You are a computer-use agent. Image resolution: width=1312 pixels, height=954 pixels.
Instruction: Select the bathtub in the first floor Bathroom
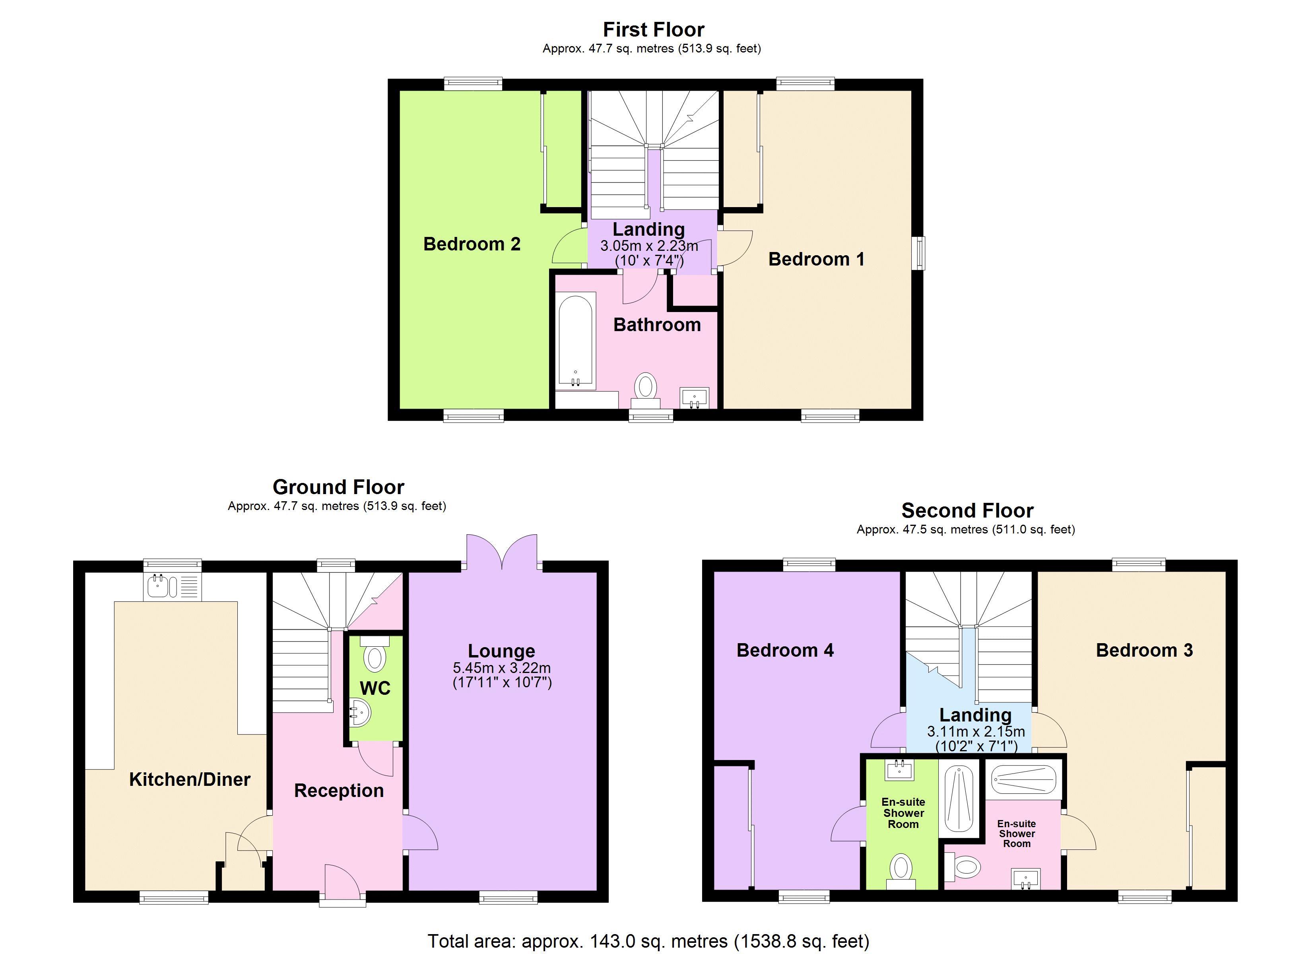[x=576, y=340]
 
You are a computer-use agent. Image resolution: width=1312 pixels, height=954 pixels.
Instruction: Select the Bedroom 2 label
[x=472, y=244]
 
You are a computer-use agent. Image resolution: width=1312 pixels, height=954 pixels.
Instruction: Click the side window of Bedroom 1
[x=918, y=253]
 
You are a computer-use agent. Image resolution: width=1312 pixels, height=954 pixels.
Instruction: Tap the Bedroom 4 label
[x=785, y=650]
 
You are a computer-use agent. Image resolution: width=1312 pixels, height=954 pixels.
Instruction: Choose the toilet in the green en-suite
[x=900, y=871]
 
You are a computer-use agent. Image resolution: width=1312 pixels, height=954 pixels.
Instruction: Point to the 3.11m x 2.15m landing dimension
[x=976, y=731]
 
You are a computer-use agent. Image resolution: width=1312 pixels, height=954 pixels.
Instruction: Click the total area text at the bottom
[x=648, y=941]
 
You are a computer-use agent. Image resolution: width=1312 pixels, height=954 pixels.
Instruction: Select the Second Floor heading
[x=967, y=510]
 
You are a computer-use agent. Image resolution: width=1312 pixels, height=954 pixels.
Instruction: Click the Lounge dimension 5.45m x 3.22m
[x=502, y=668]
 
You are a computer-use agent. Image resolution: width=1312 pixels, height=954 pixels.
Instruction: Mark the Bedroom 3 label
[x=1144, y=650]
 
